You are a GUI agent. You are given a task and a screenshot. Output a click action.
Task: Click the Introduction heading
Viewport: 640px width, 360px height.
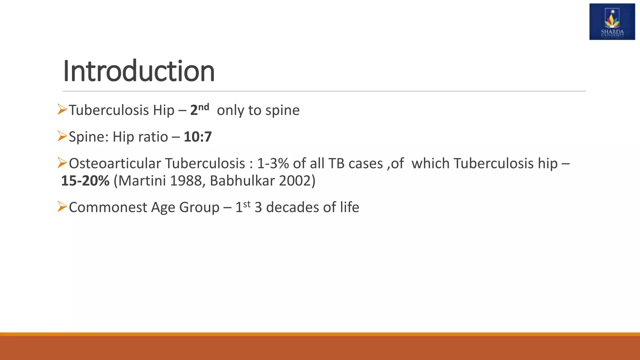(138, 71)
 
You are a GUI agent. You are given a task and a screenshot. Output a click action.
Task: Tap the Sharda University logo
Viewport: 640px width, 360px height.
(612, 22)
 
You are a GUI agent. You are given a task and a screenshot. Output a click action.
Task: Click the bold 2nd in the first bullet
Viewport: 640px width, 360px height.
(199, 110)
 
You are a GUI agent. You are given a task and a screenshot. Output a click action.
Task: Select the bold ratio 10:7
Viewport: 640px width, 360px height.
(198, 137)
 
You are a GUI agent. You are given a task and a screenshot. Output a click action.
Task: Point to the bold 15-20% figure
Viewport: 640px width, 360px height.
(85, 181)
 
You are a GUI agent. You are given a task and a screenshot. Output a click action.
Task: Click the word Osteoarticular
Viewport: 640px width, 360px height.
(115, 163)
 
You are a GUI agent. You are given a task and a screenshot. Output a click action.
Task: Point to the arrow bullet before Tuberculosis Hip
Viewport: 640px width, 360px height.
(62, 109)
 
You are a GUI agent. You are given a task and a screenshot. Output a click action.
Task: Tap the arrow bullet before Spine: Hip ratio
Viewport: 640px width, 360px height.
(62, 136)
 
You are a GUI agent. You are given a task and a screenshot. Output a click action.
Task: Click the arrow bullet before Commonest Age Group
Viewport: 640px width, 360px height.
(62, 207)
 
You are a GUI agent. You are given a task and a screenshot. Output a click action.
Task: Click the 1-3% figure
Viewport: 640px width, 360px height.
(273, 163)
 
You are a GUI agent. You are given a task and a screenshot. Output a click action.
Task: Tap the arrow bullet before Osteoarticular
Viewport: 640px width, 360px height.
(62, 163)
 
